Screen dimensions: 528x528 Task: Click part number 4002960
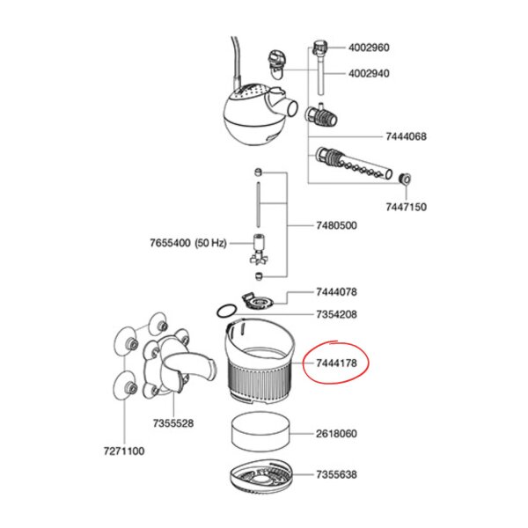369,48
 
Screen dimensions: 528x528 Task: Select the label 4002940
369,73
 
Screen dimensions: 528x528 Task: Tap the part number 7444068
406,136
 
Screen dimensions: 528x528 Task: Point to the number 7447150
406,207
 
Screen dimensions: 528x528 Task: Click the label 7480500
336,225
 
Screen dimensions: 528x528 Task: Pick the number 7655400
170,243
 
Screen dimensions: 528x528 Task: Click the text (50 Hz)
210,243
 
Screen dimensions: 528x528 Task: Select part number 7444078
336,291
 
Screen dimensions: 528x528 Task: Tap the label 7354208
336,314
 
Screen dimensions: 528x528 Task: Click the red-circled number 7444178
336,363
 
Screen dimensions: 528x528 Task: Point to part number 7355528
173,423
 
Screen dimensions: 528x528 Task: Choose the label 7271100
124,451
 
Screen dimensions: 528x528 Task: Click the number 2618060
336,433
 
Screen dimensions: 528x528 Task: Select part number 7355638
336,474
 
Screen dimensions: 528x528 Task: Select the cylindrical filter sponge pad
261,431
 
